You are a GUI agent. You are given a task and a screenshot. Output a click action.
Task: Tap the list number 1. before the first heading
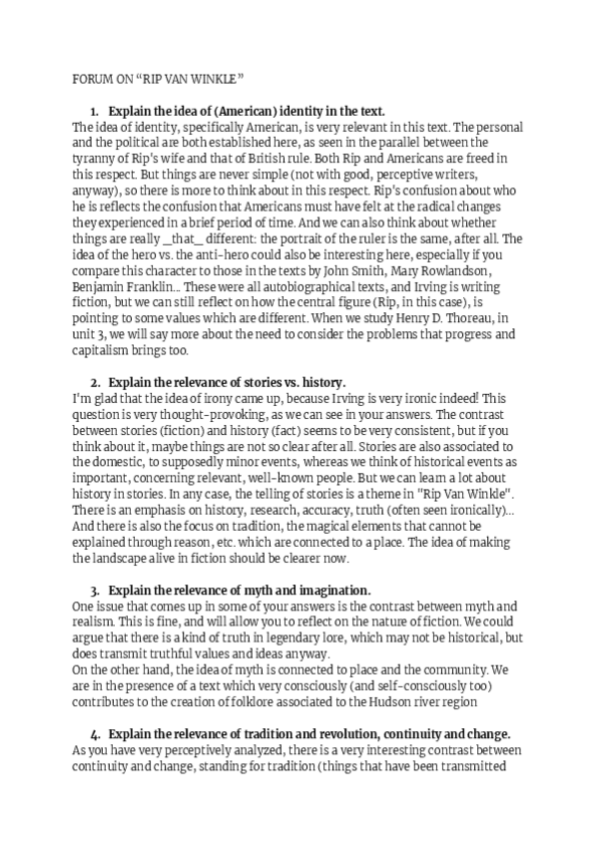95,111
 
